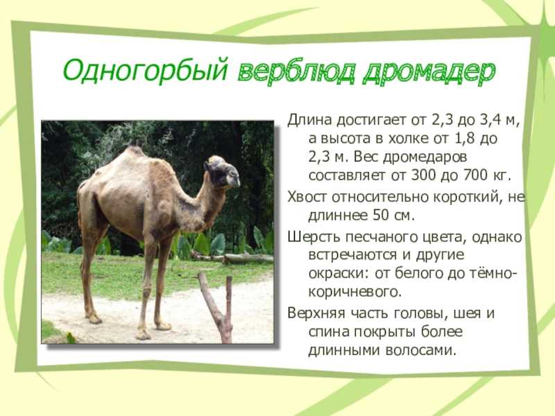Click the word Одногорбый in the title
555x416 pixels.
click(145, 71)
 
